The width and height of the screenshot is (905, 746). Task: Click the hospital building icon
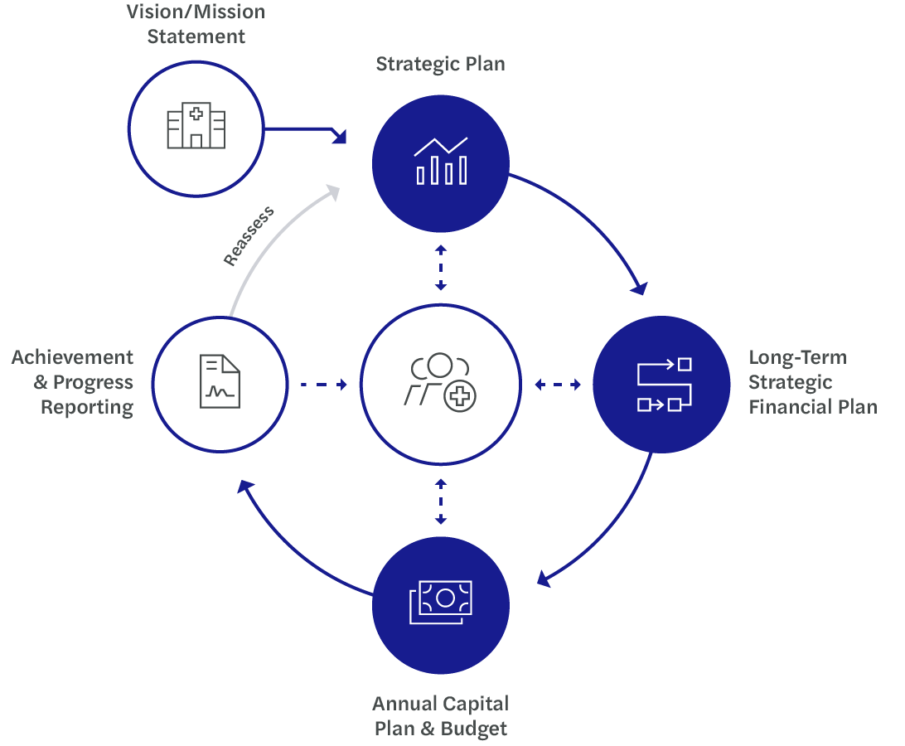tap(196, 128)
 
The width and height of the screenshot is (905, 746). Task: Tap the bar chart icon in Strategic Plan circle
tap(440, 161)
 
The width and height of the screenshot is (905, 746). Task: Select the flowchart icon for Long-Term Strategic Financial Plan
tap(663, 385)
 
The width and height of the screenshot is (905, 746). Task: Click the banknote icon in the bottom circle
tap(440, 603)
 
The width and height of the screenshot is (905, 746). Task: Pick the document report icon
tap(220, 381)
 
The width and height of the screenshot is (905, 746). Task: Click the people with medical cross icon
tap(440, 383)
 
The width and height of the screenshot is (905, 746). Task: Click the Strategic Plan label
tap(440, 65)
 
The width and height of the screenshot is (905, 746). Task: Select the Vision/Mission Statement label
tap(196, 24)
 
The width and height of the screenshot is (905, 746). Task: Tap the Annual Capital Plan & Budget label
tap(440, 716)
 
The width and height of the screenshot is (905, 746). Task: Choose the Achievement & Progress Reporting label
tap(73, 382)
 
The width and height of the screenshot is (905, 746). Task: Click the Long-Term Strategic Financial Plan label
tap(811, 382)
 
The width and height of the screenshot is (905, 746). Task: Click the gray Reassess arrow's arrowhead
tap(333, 191)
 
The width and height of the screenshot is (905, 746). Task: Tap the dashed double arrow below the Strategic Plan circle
tap(441, 268)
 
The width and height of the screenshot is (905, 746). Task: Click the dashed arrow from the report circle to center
tap(323, 385)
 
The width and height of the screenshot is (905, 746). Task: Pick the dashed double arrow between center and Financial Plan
tap(557, 385)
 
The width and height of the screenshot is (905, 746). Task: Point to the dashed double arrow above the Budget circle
tap(441, 501)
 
